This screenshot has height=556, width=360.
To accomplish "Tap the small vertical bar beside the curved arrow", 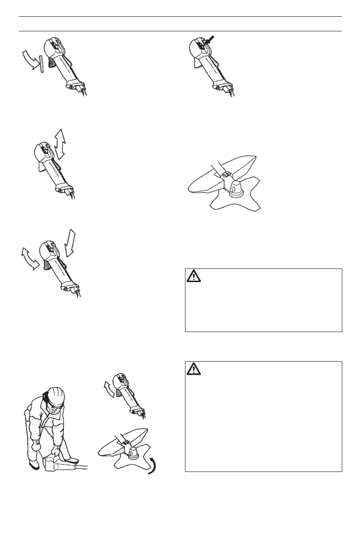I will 41,64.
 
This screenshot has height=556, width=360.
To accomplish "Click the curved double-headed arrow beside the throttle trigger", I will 30,258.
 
